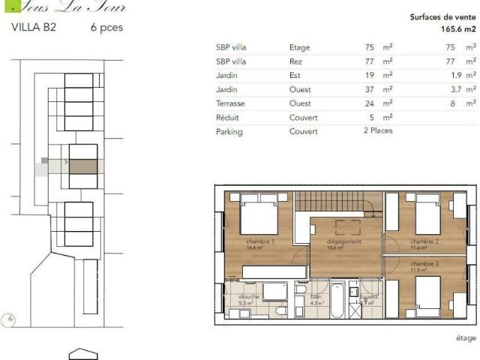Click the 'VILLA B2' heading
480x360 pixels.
click(x=34, y=28)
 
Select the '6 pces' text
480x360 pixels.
click(x=106, y=28)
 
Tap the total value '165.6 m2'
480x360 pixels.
click(x=457, y=29)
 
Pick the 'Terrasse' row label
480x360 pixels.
click(x=230, y=103)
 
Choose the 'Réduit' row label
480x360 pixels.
click(x=227, y=118)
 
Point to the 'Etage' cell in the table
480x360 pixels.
click(x=299, y=47)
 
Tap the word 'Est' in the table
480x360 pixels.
click(x=295, y=75)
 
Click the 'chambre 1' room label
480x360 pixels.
click(x=260, y=241)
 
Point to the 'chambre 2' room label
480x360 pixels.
click(x=424, y=241)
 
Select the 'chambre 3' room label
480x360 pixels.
click(x=424, y=263)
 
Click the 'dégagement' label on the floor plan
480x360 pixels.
click(x=344, y=241)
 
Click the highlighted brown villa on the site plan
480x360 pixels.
click(x=83, y=166)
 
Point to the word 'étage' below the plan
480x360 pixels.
click(x=465, y=338)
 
